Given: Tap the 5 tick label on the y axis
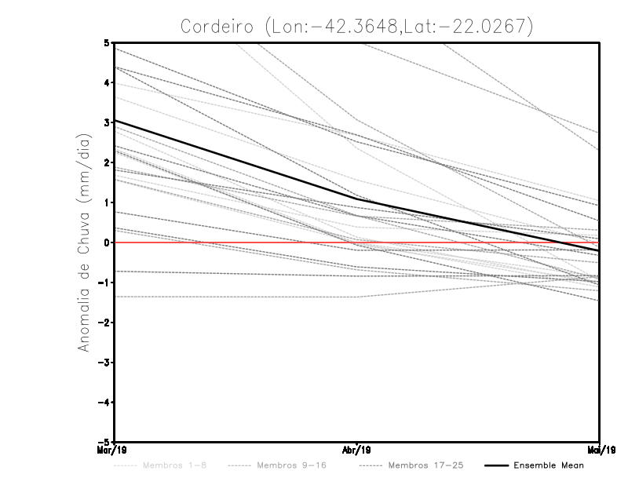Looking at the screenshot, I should click(106, 42).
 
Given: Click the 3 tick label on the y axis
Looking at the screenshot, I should click(106, 122).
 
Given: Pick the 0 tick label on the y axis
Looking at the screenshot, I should click(106, 242).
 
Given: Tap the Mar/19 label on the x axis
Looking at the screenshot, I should click(115, 450).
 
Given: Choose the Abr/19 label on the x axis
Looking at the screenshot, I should click(357, 450).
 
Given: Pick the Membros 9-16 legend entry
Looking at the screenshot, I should click(290, 466).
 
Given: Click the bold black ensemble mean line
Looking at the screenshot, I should click(235, 161).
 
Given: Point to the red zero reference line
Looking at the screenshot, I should click(235, 242).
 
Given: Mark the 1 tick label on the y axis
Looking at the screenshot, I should click(106, 202).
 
